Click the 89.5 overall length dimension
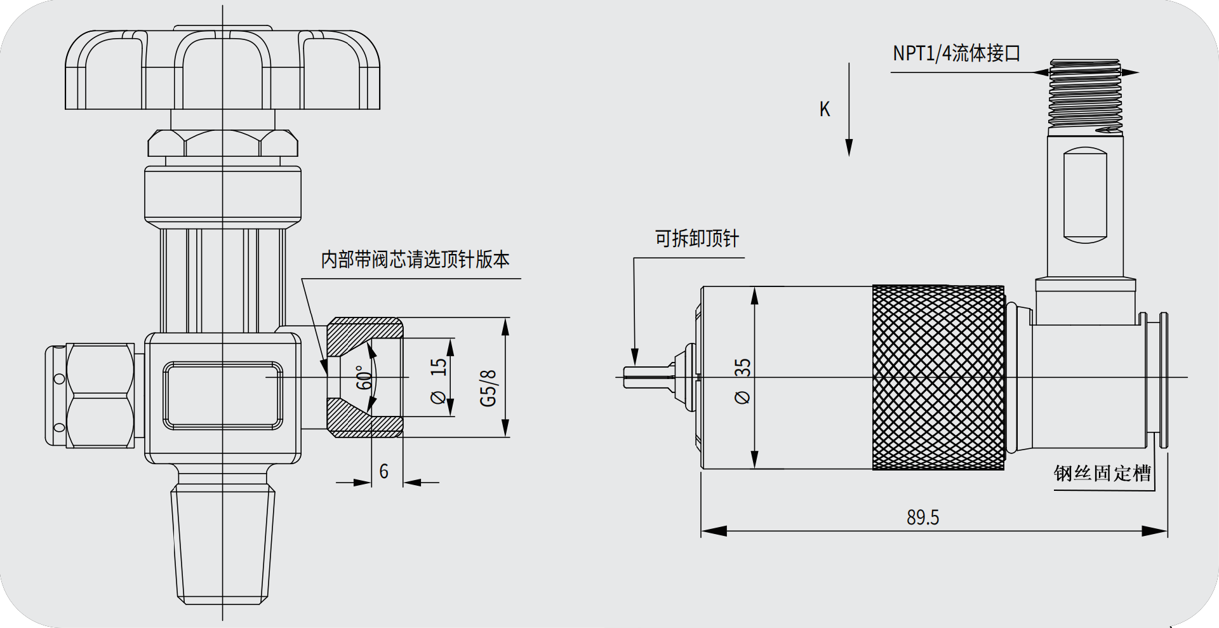[923, 518]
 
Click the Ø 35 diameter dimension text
[742, 381]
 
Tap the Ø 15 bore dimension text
[438, 381]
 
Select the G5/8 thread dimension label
[488, 387]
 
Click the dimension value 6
[383, 471]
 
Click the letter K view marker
[824, 109]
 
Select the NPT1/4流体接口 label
[956, 53]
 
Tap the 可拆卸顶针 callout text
[697, 239]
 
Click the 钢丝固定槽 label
[1102, 473]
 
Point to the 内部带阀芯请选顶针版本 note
[415, 259]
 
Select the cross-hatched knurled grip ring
[938, 377]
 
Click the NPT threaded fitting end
[1085, 95]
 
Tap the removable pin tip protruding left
[648, 377]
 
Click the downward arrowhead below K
[849, 147]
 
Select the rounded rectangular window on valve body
[223, 395]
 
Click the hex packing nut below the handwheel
[222, 143]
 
